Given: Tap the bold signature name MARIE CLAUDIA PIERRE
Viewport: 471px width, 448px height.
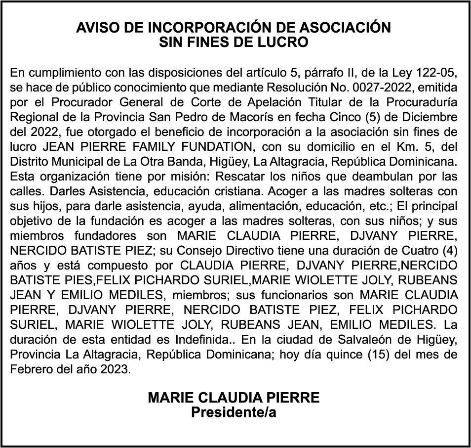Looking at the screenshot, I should click(x=234, y=398).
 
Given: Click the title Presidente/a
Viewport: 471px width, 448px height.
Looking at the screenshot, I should click(x=234, y=412).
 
